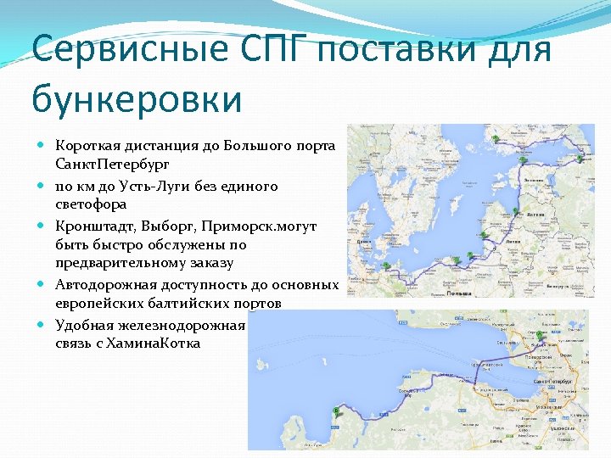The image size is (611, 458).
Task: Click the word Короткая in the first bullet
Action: [86, 146]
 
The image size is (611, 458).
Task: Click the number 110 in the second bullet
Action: [65, 186]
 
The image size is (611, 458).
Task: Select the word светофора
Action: [91, 204]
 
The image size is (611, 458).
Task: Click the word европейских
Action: [98, 303]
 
